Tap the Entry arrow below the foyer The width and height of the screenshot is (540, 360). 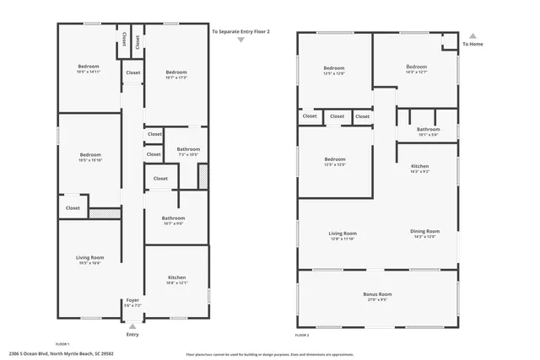[132, 324]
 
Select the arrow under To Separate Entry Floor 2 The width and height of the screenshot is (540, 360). [240, 39]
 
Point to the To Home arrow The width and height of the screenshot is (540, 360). [472, 36]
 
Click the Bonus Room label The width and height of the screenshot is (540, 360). [377, 296]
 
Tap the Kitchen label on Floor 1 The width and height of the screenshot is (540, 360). [176, 280]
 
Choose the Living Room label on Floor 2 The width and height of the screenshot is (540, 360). [343, 235]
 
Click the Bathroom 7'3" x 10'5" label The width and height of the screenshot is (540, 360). [187, 152]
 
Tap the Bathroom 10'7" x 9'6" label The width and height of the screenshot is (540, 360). [173, 221]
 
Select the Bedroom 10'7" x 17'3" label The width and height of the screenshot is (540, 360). [175, 75]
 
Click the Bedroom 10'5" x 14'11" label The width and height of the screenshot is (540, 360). [89, 69]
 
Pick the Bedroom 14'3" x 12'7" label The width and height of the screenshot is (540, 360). [416, 69]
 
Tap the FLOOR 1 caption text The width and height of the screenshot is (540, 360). [62, 344]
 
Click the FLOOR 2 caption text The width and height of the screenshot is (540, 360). [302, 335]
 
